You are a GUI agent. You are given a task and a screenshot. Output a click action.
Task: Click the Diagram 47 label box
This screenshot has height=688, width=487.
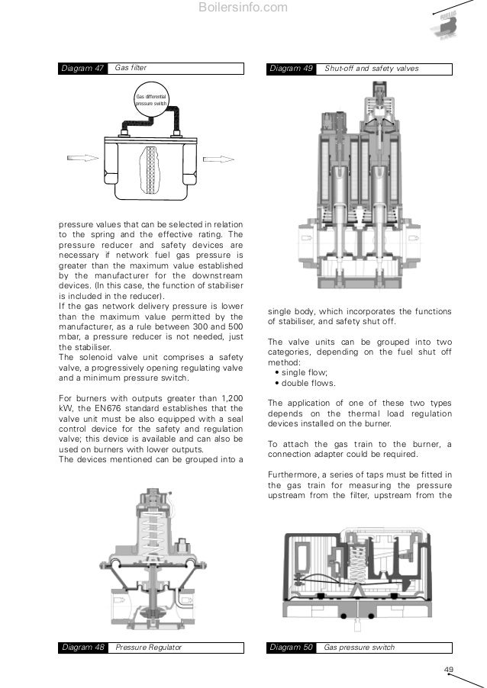pos(83,69)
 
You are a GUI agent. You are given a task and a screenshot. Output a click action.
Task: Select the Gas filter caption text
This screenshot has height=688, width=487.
pos(130,69)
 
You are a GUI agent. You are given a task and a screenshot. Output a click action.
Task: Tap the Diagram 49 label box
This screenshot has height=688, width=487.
pos(292,69)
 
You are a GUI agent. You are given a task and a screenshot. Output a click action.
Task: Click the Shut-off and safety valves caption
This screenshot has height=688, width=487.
pos(371,69)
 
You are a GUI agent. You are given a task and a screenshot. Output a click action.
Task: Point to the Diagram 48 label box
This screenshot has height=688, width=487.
pos(83,648)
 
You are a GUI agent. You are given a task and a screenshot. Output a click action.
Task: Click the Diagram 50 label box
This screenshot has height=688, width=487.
pos(292,648)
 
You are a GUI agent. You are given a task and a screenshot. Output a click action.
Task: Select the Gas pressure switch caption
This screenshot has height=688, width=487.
pos(358,648)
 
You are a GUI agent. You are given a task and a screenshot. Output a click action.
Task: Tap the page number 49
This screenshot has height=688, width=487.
pos(448,670)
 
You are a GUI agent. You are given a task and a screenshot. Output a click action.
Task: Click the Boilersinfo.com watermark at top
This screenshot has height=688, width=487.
pos(243,8)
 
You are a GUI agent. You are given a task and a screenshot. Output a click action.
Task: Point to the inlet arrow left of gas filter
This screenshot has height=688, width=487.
pos(81,159)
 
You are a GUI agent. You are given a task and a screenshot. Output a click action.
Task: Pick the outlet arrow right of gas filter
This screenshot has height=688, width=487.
pos(218,159)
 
